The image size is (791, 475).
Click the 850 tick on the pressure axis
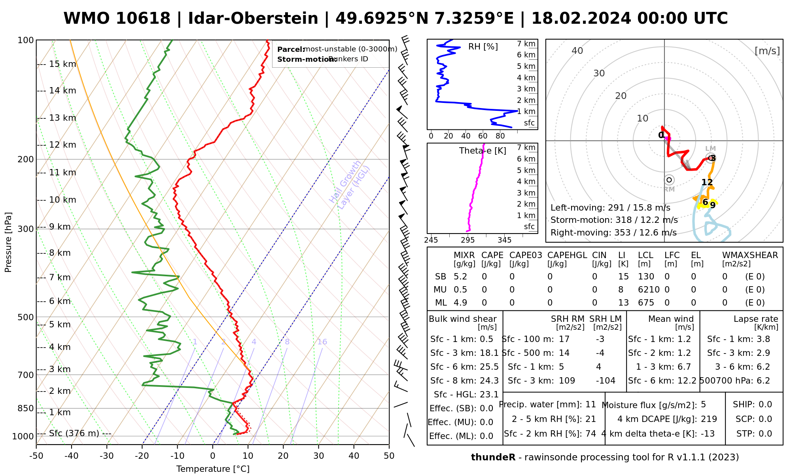[x=26, y=408]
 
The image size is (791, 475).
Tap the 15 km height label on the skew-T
[x=62, y=64]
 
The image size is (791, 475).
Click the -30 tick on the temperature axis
[x=107, y=456]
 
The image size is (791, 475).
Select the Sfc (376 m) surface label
[x=74, y=433]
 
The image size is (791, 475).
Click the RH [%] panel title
[x=483, y=47]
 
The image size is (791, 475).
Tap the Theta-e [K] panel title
[x=483, y=151]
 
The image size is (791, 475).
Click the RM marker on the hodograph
[x=669, y=180]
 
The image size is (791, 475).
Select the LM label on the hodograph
[x=710, y=149]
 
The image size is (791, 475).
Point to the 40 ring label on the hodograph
[x=577, y=51]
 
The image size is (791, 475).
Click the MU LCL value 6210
[x=649, y=290]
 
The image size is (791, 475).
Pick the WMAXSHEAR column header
[x=750, y=255]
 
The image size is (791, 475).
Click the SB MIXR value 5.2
[x=460, y=277]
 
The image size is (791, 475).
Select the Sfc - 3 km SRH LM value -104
[x=606, y=381]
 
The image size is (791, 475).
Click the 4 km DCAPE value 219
[x=709, y=419]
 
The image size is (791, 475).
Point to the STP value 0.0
[x=765, y=434]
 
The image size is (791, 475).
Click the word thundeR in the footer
[x=493, y=458]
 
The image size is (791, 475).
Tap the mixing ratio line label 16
[x=322, y=342]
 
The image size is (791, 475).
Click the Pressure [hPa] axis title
[x=8, y=242]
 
